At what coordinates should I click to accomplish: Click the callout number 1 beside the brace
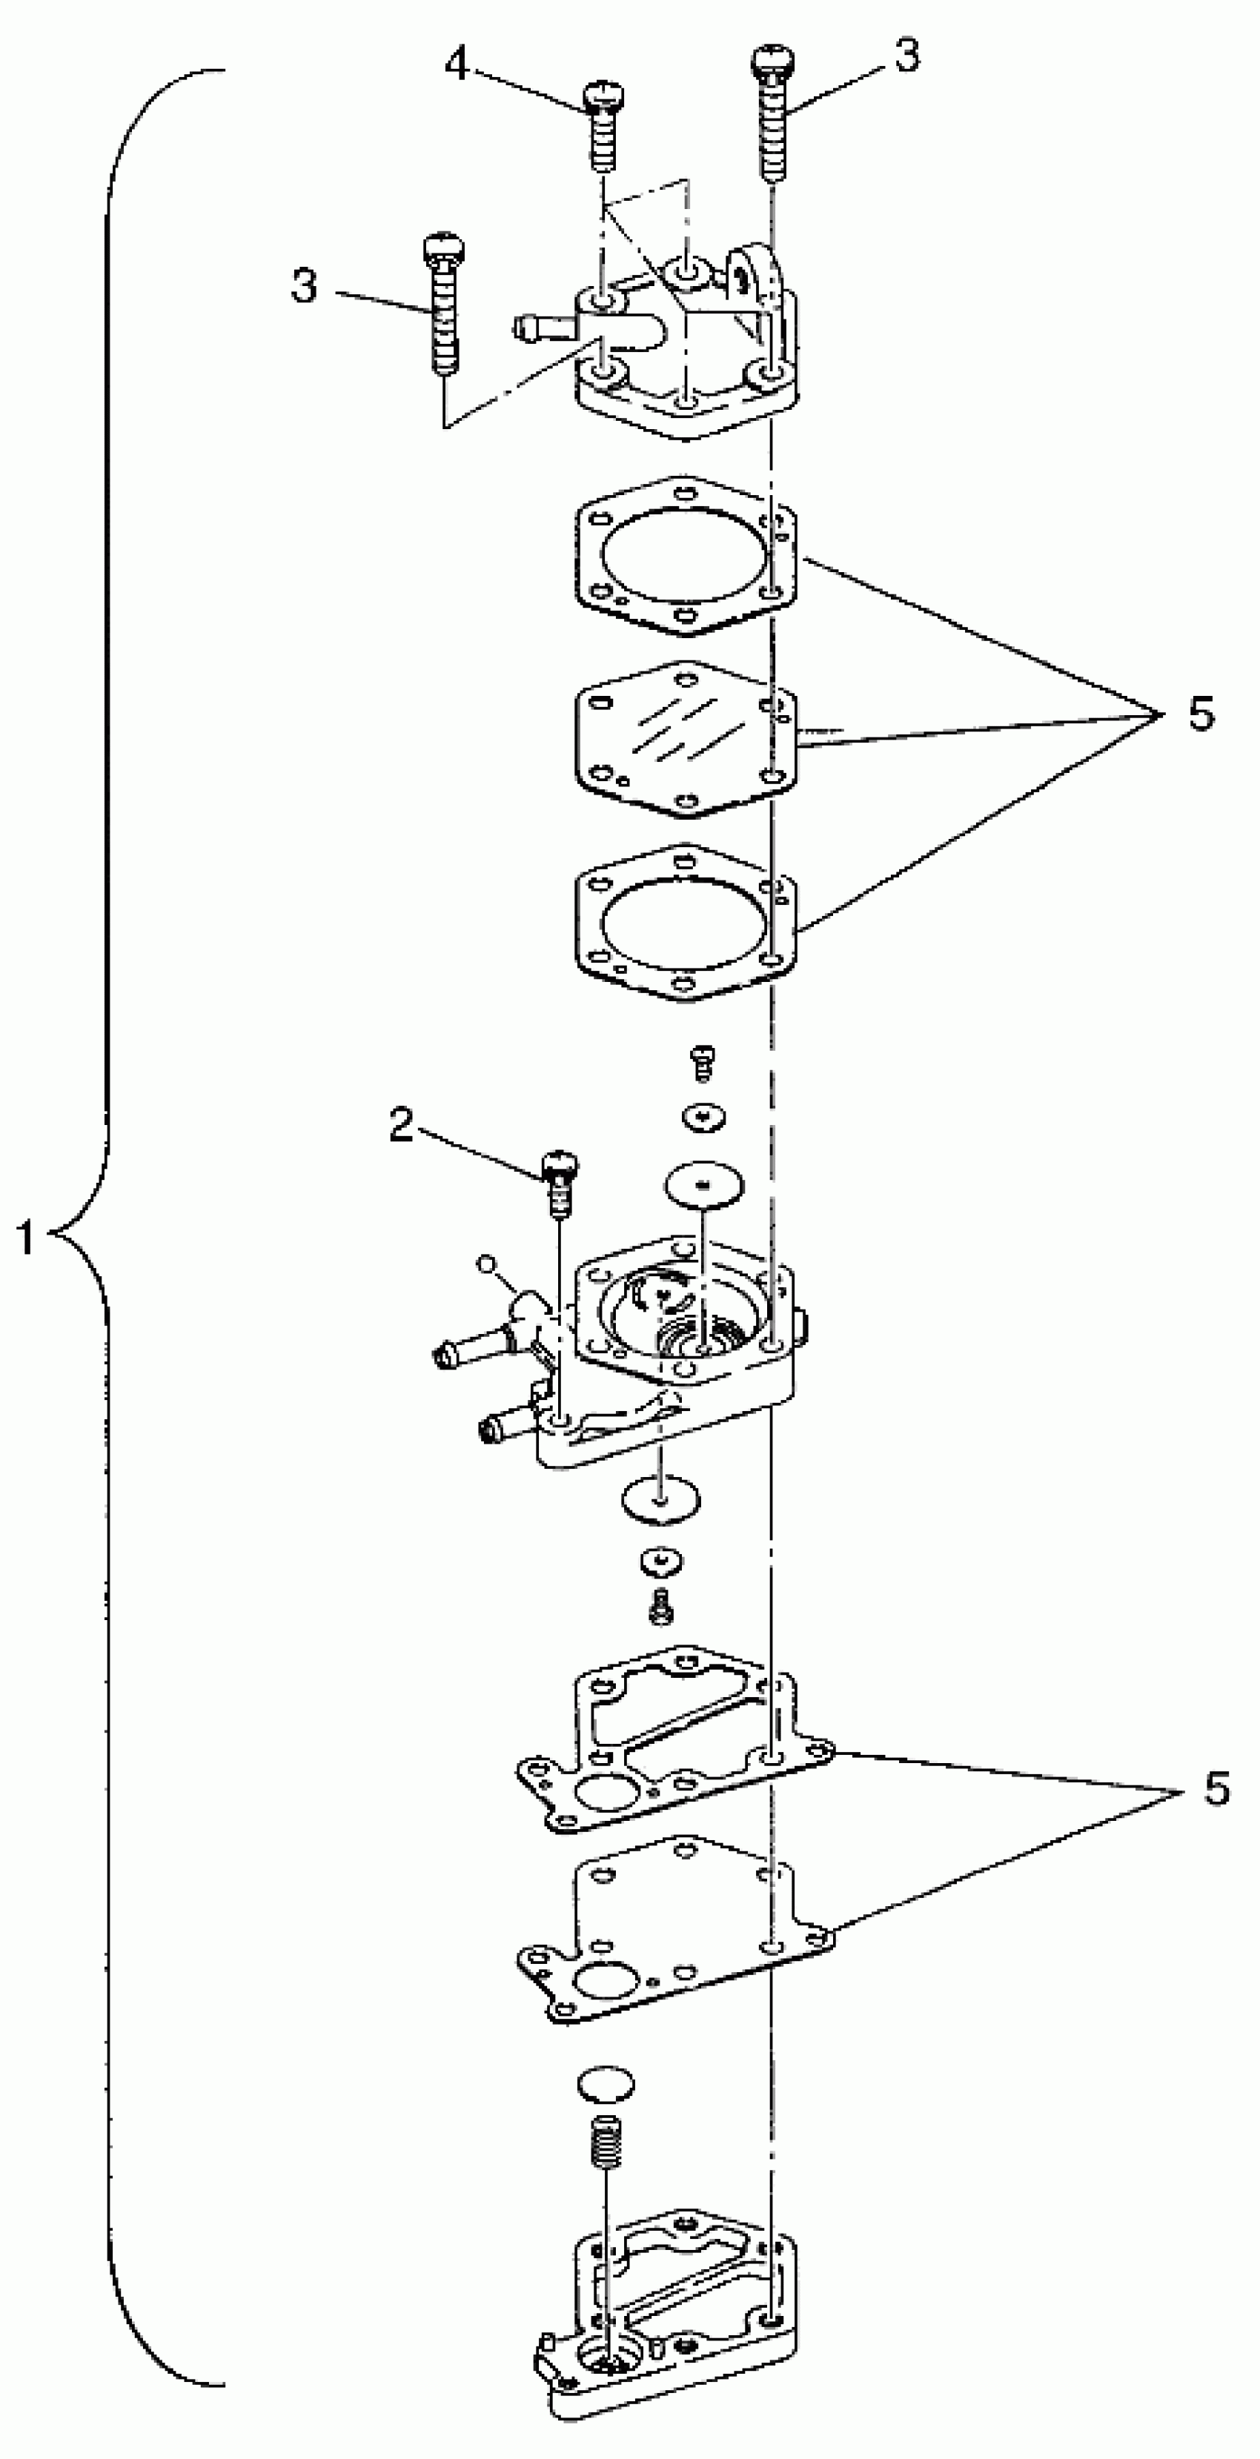click(x=26, y=1239)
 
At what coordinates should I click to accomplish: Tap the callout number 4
click(x=457, y=65)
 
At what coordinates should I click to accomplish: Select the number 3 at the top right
click(x=906, y=56)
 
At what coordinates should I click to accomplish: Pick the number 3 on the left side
click(x=305, y=285)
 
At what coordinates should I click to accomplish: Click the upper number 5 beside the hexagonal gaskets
click(x=1201, y=712)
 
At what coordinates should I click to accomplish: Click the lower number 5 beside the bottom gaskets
click(x=1215, y=1788)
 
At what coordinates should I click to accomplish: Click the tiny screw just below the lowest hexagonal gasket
click(x=703, y=1061)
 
